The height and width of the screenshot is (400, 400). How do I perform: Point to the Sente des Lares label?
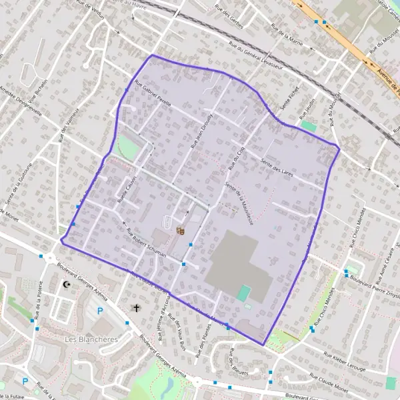[x=277, y=163]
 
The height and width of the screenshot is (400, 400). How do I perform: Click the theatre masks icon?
[x=179, y=231]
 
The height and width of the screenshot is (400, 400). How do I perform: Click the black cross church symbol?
[x=137, y=308]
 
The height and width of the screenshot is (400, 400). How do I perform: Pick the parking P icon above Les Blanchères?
[x=101, y=311]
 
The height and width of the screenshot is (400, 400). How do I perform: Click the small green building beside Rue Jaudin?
[x=308, y=125]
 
